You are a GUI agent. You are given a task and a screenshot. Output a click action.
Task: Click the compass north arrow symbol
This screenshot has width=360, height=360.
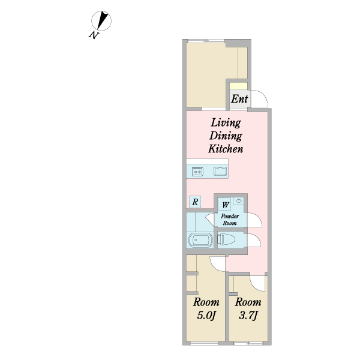tap(101, 20)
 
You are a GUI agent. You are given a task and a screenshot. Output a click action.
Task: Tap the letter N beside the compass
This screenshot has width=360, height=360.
tap(94, 35)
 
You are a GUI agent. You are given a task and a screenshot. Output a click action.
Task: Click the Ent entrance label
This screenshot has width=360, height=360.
tap(239, 99)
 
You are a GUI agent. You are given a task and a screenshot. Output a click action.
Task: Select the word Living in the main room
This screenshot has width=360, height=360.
tap(226, 122)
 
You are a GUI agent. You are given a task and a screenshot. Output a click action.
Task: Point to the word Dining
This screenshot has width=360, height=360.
tap(226, 136)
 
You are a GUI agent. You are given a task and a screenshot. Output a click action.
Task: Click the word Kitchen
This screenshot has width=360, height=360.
tap(226, 149)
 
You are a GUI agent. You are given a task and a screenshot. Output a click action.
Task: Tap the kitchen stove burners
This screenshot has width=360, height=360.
tap(197, 171)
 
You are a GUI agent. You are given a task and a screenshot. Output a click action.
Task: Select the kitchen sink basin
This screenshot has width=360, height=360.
tap(220, 171)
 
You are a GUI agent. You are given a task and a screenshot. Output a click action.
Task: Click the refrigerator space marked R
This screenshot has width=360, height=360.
tap(195, 202)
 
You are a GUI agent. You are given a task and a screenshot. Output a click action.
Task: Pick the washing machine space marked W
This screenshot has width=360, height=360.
tap(225, 205)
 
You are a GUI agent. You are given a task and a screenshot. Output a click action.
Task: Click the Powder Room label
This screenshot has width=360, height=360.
tap(230, 220)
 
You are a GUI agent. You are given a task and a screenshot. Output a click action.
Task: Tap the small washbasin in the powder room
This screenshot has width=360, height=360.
tap(239, 201)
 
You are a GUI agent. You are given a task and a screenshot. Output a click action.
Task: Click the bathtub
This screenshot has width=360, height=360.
tap(200, 240)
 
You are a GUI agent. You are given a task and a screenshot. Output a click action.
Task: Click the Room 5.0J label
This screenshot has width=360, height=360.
tap(206, 309)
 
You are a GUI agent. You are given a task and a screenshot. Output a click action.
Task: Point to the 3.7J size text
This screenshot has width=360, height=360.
tap(248, 316)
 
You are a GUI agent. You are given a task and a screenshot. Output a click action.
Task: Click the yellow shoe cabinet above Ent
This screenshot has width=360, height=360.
tap(239, 86)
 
